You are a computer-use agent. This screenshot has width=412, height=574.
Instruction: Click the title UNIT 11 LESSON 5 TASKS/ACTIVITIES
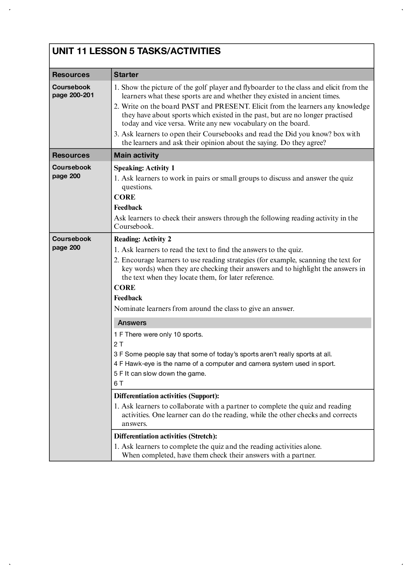136,51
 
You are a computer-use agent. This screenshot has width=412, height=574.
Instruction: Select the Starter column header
126,75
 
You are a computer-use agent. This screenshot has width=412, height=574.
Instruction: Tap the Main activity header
136,155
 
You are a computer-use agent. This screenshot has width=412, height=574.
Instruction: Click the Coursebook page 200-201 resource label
73,91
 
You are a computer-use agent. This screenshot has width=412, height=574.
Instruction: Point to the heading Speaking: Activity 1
144,168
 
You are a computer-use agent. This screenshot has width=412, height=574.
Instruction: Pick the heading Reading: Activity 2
142,239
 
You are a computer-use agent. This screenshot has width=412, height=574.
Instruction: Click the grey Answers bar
242,323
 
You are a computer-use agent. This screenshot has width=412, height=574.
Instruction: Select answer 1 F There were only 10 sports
158,335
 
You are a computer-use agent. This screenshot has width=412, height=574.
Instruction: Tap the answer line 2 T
119,344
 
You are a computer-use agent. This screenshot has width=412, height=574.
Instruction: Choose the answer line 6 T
119,383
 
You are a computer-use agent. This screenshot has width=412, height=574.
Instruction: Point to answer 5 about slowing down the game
160,374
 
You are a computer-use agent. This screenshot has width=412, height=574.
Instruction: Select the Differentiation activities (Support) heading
166,396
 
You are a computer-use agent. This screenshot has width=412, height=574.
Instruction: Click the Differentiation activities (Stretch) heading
165,436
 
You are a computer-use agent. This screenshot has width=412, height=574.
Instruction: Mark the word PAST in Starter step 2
190,106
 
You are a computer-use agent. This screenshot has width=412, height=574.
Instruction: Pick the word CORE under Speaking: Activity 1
125,197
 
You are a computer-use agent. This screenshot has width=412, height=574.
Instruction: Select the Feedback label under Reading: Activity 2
128,298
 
